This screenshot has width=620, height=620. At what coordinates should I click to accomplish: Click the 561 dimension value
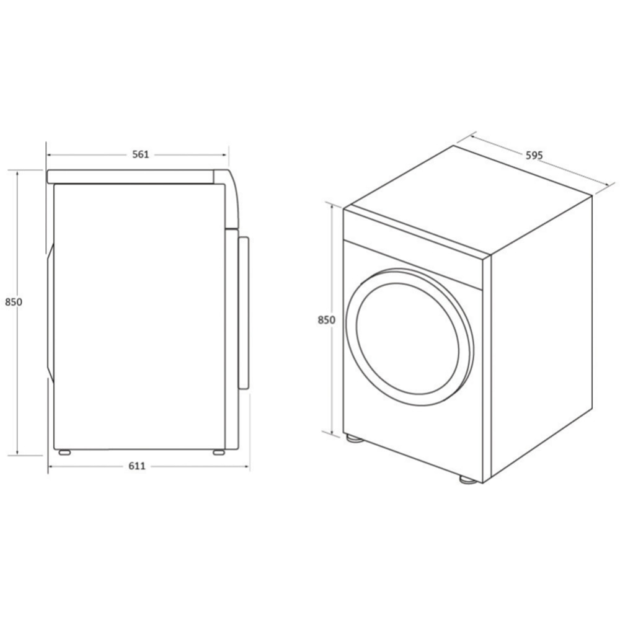point(140,154)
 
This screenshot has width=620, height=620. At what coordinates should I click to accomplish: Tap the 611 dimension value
point(138,466)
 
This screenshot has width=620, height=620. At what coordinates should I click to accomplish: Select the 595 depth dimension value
point(534,156)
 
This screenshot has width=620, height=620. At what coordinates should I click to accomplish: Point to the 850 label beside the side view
point(13,302)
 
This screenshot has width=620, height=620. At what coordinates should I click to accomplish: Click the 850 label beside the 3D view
point(326,320)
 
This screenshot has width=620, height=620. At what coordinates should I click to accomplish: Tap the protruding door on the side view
point(244,313)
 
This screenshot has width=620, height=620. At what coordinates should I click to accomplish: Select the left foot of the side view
point(64,452)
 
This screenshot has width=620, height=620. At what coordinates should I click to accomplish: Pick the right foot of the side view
point(219,452)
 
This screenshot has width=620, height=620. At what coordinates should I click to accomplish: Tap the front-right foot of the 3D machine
point(466,479)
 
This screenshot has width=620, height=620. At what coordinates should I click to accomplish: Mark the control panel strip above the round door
point(415,260)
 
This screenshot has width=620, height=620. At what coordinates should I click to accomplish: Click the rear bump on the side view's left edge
point(50,310)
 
